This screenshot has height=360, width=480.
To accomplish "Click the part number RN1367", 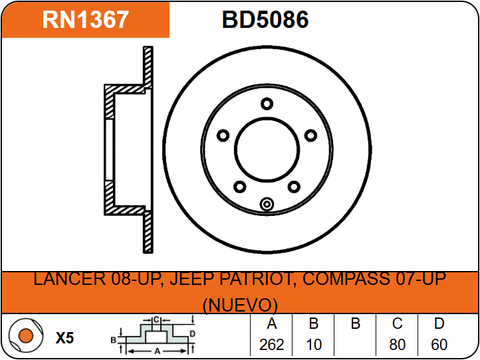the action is (85, 20).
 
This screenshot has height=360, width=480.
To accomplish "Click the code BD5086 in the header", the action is (265, 20).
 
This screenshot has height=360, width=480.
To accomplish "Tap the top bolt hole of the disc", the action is (267, 104).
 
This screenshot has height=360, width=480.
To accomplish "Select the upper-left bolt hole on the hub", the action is (223, 135).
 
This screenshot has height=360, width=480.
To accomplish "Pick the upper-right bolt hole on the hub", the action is (310, 135).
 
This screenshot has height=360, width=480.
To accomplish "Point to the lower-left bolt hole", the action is (240, 187).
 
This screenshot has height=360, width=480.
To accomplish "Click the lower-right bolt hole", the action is (294, 187).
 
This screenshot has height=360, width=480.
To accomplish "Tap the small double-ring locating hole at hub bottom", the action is (267, 204).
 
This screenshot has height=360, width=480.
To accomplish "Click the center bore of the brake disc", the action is (267, 150).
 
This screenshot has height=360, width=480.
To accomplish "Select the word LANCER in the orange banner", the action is (69, 279).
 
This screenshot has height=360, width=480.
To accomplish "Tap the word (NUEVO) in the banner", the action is (240, 305).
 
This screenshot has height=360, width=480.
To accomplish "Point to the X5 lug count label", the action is (65, 338).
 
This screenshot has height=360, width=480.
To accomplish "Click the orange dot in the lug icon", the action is (26, 335).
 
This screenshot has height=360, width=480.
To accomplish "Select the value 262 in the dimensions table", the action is (272, 345).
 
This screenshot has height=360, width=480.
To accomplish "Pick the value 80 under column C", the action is (398, 345).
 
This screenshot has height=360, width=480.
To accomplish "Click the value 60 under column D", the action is (439, 345).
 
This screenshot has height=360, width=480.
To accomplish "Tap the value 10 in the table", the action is (314, 345).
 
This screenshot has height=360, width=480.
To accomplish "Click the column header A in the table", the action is (272, 323).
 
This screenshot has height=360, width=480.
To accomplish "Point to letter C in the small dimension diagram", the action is (156, 320).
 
